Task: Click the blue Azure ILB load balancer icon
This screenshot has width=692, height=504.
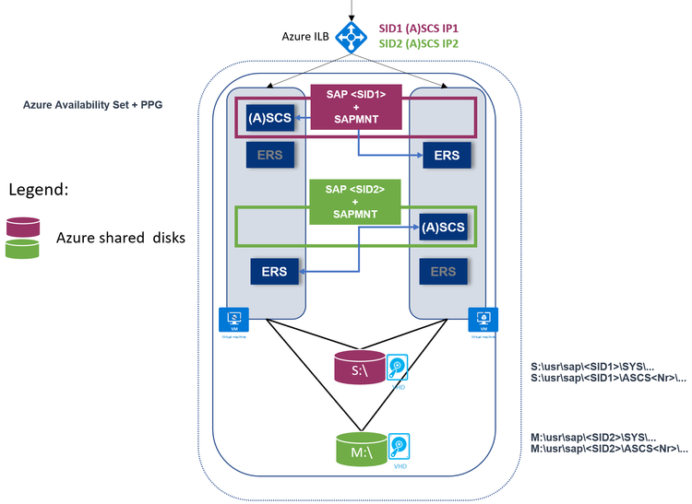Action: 352,36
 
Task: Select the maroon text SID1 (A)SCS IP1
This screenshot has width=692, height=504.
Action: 419,29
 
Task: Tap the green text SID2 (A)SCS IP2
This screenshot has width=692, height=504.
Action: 419,43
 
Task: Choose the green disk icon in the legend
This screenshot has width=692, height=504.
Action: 23,248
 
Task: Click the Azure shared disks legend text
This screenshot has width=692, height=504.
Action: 121,238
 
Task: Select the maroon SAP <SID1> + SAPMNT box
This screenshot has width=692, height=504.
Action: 355,107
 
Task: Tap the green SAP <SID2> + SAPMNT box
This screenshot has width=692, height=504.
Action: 355,202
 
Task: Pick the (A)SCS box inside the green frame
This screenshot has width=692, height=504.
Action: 443,226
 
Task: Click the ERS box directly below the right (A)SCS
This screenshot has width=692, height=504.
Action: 443,271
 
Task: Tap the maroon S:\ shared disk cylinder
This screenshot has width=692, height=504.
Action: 360,369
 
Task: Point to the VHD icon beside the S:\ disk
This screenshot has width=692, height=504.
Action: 398,369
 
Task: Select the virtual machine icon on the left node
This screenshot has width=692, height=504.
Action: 233,320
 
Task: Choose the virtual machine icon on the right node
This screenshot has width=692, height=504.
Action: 483,320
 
